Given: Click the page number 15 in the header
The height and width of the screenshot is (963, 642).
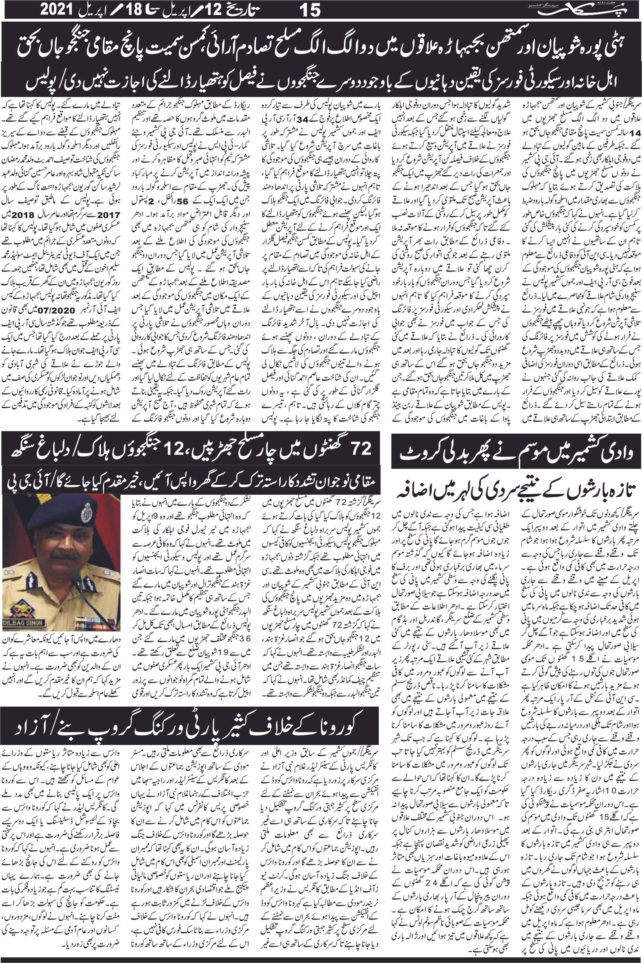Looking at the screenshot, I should tap(309, 11).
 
